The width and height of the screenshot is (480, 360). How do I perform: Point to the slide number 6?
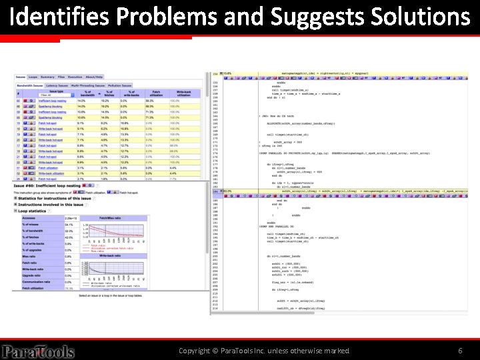pyautogui.click(x=460, y=351)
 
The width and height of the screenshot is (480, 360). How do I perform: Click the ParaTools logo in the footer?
pyautogui.click(x=37, y=351)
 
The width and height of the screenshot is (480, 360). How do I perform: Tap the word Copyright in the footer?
pyautogui.click(x=198, y=351)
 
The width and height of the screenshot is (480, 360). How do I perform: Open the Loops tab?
pyautogui.click(x=33, y=77)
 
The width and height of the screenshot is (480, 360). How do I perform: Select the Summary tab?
pyautogui.click(x=47, y=77)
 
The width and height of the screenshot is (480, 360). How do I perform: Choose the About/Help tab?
pyautogui.click(x=94, y=77)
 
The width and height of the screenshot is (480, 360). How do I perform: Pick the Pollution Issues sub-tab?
pyautogui.click(x=119, y=85)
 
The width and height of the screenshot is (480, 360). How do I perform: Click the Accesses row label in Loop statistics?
pyautogui.click(x=29, y=219)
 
